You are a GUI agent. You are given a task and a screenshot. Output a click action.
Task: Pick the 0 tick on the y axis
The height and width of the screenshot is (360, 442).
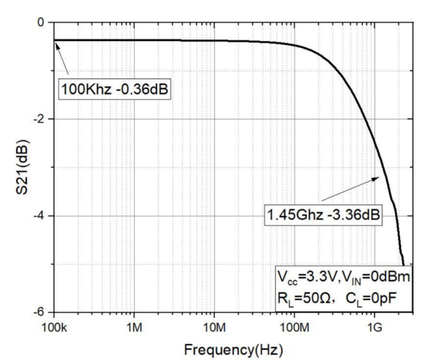40,23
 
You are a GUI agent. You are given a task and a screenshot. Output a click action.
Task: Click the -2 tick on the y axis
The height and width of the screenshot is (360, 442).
38,119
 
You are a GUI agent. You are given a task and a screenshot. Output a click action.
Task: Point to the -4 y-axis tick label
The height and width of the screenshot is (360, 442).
38,216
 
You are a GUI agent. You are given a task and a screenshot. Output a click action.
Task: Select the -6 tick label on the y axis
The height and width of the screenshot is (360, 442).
38,312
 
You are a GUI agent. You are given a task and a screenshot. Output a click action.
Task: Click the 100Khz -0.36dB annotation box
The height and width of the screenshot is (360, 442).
115,88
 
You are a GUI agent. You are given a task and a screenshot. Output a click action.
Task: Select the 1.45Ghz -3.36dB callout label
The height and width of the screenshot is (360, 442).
323,215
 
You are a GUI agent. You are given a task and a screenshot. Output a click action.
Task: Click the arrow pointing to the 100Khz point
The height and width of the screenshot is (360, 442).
63,58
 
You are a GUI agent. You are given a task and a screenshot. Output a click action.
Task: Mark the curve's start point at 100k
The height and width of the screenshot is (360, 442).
55,40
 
